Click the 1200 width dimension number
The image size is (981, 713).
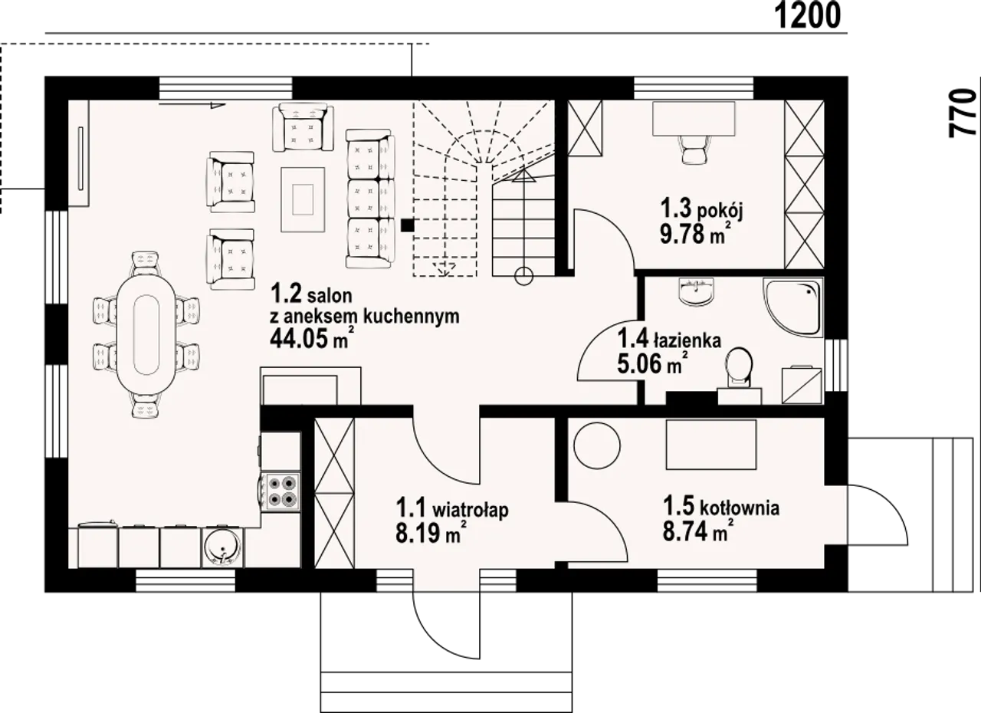click(x=808, y=16)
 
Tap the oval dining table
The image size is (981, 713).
click(x=146, y=334)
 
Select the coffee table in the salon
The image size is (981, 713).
click(x=303, y=199)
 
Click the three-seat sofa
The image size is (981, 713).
click(x=370, y=199)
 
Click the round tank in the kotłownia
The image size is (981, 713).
click(x=597, y=446)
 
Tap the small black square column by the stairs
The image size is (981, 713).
click(x=407, y=225)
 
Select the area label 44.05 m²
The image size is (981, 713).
click(x=311, y=338)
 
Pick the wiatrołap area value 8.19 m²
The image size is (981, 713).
click(x=429, y=533)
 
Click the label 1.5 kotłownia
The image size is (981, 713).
click(x=721, y=507)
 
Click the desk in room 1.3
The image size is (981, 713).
click(x=694, y=119)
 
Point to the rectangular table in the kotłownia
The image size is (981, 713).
click(x=711, y=445)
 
